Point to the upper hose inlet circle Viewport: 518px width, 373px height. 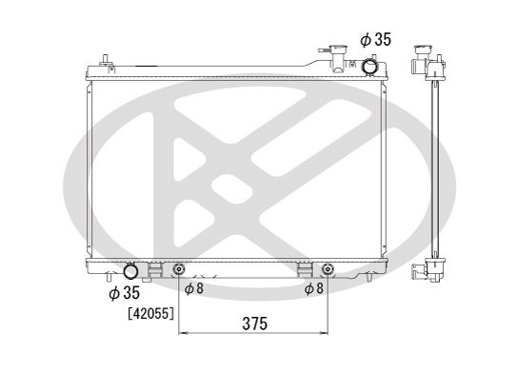coord(369,68)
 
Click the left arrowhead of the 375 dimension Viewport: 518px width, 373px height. coord(183,335)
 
